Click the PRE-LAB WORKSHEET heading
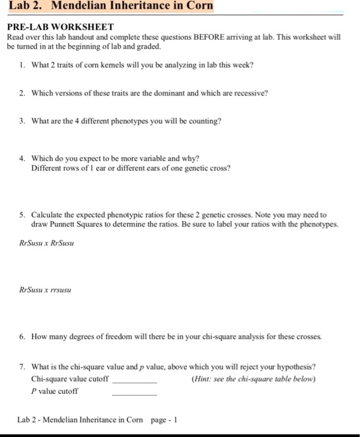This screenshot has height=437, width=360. click(60, 27)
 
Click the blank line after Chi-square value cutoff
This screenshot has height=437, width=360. click(134, 381)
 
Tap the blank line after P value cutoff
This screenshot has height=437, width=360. click(134, 393)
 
